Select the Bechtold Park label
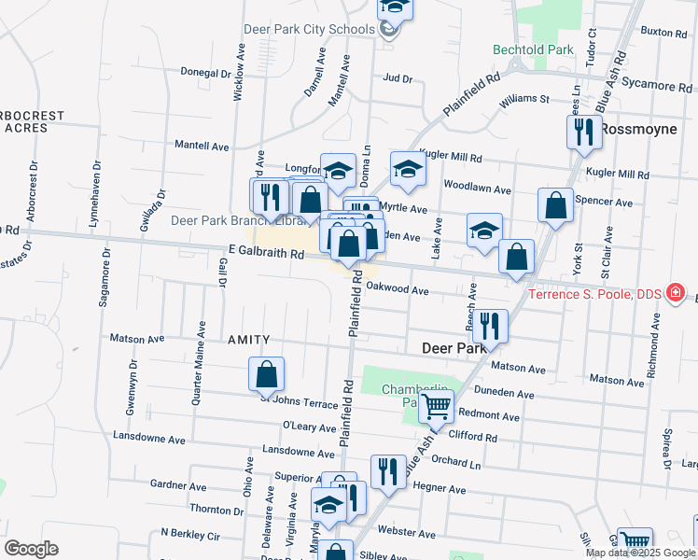533,49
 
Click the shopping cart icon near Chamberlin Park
436,407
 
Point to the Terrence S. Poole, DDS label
594,294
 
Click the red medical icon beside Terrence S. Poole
670,293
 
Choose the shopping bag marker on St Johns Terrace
266,374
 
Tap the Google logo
31,549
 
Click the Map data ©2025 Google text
639,553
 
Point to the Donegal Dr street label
205,72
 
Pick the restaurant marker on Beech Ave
490,326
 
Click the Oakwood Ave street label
397,289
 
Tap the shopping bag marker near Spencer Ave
555,206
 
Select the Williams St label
523,99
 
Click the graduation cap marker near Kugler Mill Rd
408,169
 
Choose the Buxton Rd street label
664,32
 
